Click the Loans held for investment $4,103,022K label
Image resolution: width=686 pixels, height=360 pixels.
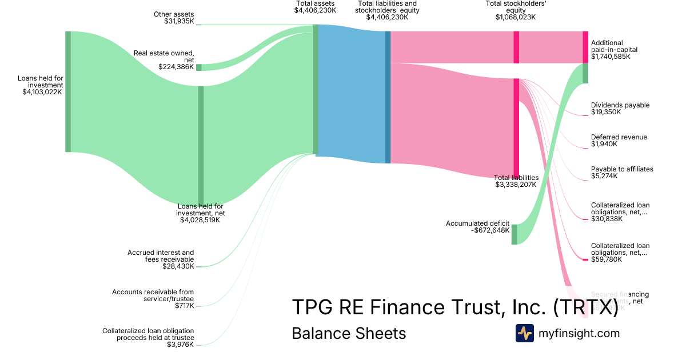(x=39, y=85)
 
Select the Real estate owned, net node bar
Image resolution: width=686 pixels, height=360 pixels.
(x=199, y=67)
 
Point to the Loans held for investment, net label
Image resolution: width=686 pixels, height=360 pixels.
(x=200, y=213)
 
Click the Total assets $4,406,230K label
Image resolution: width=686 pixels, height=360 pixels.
(x=315, y=7)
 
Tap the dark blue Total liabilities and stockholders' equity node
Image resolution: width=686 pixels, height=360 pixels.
(x=388, y=97)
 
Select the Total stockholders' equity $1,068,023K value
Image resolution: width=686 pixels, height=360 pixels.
(x=516, y=17)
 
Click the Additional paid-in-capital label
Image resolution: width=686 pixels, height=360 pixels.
(x=614, y=50)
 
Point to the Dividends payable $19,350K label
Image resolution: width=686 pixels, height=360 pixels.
(x=620, y=109)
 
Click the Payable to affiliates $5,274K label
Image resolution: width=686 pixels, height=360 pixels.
(x=622, y=173)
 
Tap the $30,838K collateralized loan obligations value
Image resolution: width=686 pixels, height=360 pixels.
(x=607, y=219)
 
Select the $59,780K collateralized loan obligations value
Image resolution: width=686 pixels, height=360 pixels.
(x=607, y=259)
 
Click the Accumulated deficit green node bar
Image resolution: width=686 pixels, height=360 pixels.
(x=514, y=234)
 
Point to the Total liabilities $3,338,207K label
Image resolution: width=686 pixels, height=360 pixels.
(x=516, y=181)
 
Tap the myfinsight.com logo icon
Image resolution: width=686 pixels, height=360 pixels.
(x=524, y=333)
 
